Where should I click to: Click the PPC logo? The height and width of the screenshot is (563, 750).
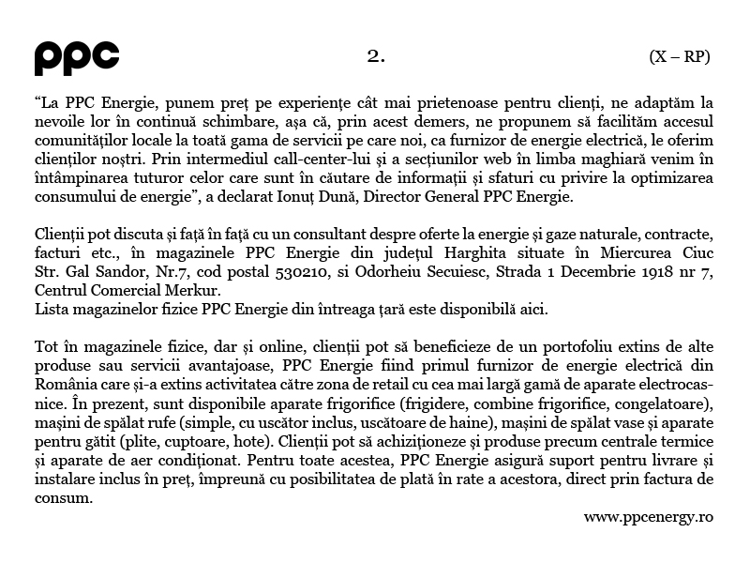click(77, 58)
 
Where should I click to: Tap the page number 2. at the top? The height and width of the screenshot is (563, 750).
click(376, 56)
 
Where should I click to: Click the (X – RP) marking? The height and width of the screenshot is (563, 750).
click(680, 56)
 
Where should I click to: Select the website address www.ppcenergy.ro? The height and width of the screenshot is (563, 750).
click(649, 517)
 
